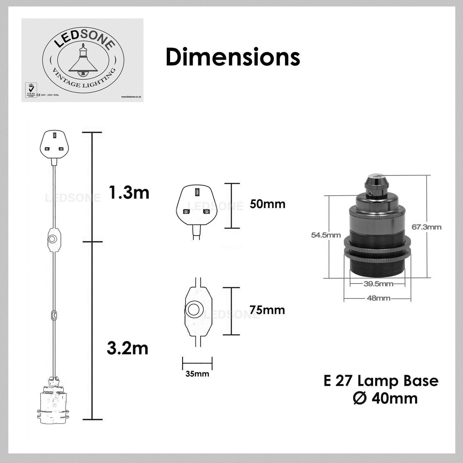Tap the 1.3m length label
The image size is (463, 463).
coord(129,193)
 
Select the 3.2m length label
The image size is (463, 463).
coord(127,349)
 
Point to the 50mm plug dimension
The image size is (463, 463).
coord(267,204)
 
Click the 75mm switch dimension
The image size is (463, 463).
coord(267,310)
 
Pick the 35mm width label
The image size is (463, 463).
coord(197,374)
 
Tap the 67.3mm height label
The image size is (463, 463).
coord(426,227)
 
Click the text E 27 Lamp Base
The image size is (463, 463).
coord(381,381)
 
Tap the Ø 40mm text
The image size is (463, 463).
coord(385,398)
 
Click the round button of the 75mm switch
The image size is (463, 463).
coord(193,310)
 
